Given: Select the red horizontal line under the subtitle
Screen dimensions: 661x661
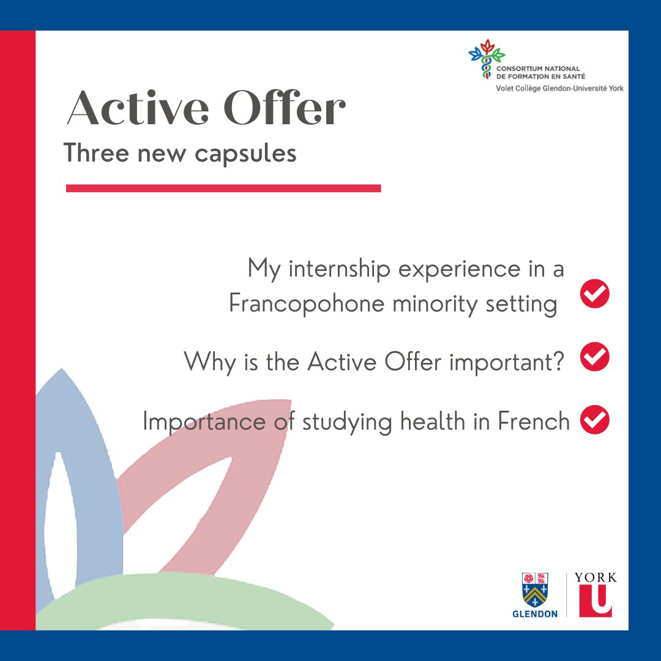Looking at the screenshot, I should tap(223, 189).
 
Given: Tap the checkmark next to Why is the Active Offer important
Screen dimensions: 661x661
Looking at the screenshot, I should tap(594, 357).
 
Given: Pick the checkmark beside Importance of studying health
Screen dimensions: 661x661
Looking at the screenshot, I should tap(594, 420).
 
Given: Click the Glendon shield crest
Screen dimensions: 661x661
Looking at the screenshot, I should tap(535, 589).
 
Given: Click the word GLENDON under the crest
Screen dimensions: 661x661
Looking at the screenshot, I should tap(535, 613).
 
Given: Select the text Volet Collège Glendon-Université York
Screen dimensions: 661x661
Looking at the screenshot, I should tap(559, 88).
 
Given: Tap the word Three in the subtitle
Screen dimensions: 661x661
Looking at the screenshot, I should tap(96, 153).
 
